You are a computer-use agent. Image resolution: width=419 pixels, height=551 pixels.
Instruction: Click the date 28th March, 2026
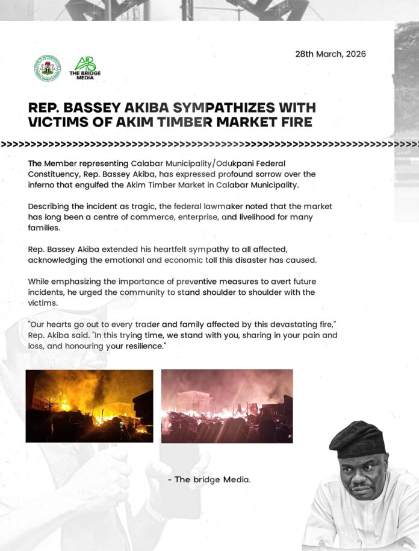click(x=330, y=54)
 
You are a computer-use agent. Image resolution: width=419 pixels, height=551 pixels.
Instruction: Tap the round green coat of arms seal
click(x=48, y=68)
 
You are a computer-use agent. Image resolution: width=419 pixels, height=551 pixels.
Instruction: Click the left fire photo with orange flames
click(x=89, y=406)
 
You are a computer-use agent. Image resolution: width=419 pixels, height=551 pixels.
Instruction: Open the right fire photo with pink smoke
click(x=227, y=406)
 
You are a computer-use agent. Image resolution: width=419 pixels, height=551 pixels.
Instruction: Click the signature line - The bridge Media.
click(x=209, y=480)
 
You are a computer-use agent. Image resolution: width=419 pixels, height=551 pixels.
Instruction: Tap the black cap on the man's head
click(x=357, y=440)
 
